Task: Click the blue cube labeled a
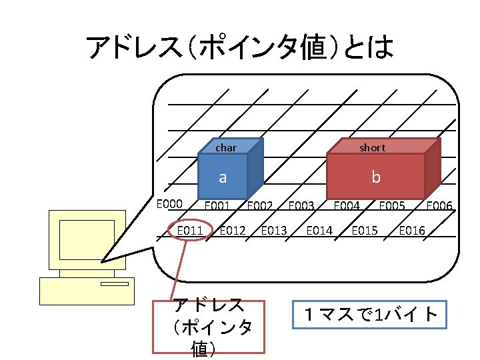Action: (223, 177)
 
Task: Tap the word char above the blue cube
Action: (226, 147)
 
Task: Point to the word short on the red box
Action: (372, 147)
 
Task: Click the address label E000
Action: (169, 204)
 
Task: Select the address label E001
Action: (217, 206)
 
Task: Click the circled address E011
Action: (189, 231)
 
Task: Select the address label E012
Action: (232, 231)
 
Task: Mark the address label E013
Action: (274, 231)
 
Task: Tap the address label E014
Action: (319, 231)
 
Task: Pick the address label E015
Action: (365, 231)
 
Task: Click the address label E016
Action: (412, 231)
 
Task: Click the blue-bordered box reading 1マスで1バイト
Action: (369, 315)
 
